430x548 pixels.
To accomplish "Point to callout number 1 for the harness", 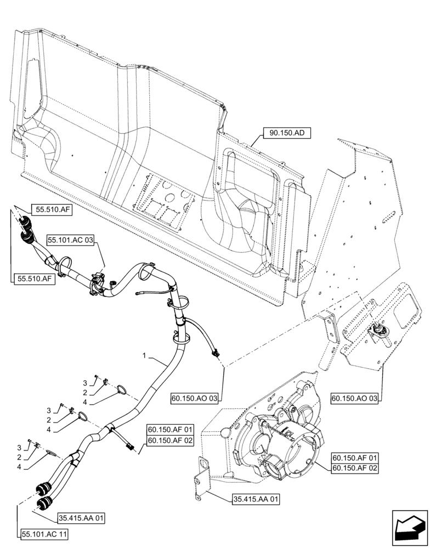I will (144, 356).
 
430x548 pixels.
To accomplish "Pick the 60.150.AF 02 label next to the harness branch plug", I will (169, 439).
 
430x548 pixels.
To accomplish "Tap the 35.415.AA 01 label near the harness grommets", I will (82, 517).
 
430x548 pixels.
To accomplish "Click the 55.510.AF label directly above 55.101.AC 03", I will (54, 209).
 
